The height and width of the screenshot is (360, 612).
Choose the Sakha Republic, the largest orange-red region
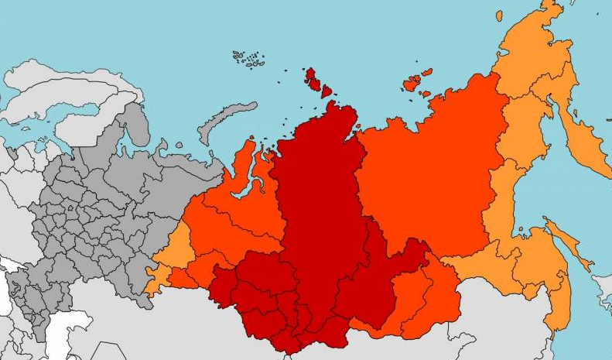pyautogui.click(x=426, y=178)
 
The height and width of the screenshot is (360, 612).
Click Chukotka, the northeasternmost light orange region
pyautogui.click(x=542, y=54)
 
